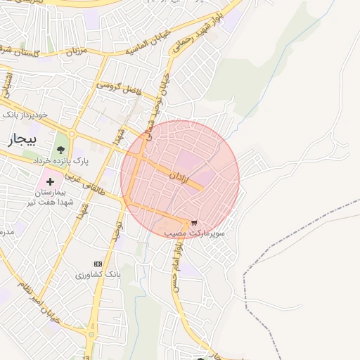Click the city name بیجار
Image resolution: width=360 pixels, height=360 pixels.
pos(20,139)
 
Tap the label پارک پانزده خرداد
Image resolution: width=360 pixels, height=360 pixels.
pos(62,162)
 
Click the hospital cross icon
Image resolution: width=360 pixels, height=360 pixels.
pos(50,181)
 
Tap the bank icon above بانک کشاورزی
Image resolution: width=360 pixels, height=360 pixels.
pos(98,263)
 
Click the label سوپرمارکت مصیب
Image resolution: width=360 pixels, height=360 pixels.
pos(195,231)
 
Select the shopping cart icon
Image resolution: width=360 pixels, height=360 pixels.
pos(193,221)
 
